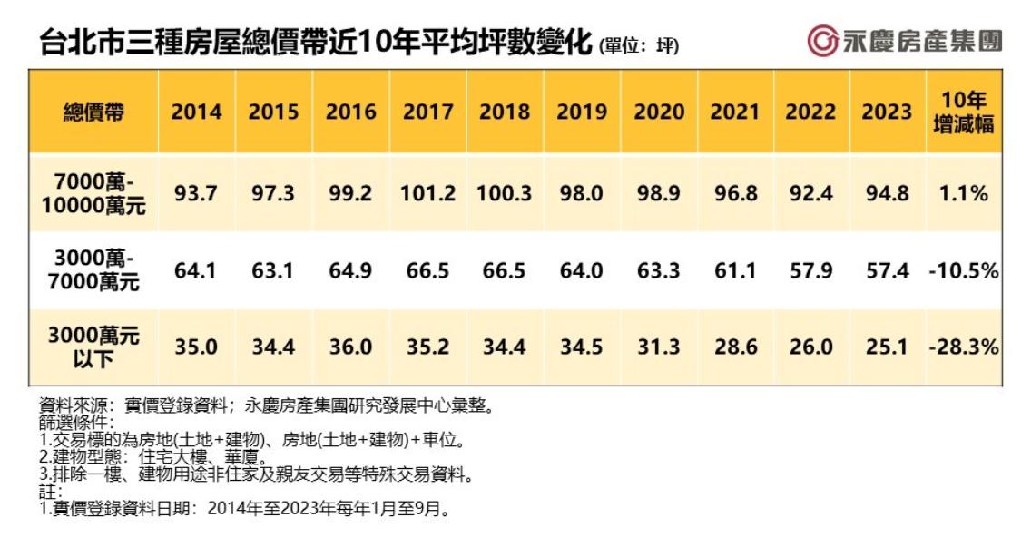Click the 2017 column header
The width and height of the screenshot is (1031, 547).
tap(427, 112)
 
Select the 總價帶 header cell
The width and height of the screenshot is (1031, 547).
tap(93, 112)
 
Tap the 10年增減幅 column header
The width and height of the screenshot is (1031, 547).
tap(963, 112)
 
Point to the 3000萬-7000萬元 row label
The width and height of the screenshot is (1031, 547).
tap(93, 270)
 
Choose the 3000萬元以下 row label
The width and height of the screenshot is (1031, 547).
tap(93, 347)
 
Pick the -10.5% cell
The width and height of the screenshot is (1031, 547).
tap(963, 270)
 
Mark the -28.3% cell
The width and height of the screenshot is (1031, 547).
tap(963, 347)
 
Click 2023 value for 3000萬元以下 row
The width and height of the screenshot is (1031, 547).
tap(887, 347)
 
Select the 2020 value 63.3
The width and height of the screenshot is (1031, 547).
tap(659, 270)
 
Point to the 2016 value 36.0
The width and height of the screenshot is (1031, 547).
tap(350, 347)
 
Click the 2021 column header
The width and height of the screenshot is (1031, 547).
tap(735, 112)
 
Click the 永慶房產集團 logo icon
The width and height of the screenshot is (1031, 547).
tap(822, 42)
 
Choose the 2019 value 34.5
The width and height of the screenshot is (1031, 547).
tap(582, 347)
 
